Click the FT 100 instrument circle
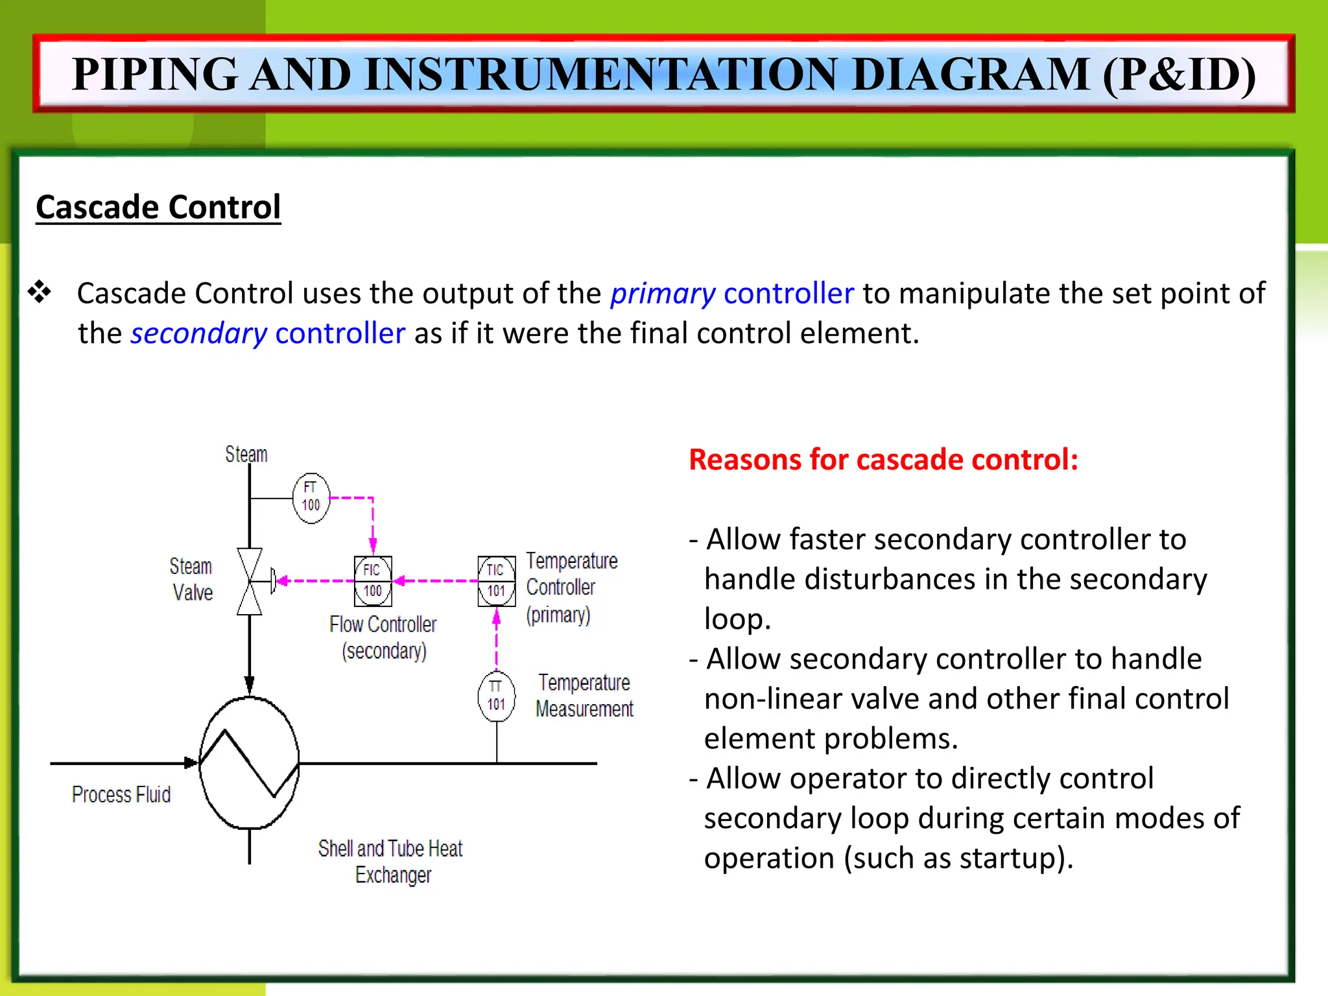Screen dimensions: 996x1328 tap(311, 498)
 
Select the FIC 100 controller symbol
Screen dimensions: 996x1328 tap(373, 581)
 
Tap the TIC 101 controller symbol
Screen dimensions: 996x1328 tap(497, 581)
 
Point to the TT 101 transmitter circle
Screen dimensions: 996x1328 tap(497, 696)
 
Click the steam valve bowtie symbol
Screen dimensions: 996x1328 tap(250, 582)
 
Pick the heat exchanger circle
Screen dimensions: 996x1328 tap(250, 763)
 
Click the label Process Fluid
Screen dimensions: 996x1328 tap(121, 795)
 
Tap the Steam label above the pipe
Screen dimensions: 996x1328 tap(246, 454)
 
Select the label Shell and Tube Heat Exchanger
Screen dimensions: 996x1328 tap(391, 861)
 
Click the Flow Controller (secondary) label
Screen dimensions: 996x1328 tap(383, 637)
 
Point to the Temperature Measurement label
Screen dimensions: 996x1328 tap(584, 696)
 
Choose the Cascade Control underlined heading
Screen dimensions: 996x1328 tap(158, 207)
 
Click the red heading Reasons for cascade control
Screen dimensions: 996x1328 tap(883, 460)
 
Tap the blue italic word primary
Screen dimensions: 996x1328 tap(663, 294)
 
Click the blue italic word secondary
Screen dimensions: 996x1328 tap(199, 334)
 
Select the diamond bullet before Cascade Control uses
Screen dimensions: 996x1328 tap(40, 292)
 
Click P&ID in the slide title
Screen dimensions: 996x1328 tap(1180, 74)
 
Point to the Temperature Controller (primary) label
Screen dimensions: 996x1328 tap(571, 587)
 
